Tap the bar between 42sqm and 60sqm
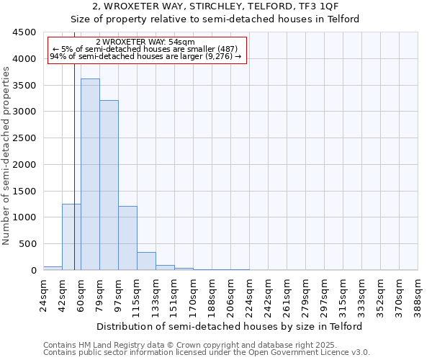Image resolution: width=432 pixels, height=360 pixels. (71, 237)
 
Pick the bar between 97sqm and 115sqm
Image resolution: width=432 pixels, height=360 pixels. (127, 238)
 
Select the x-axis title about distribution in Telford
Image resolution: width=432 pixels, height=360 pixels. (230, 326)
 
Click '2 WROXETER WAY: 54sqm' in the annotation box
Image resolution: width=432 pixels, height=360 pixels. (145, 42)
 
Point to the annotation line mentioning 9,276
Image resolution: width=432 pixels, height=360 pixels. (145, 57)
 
